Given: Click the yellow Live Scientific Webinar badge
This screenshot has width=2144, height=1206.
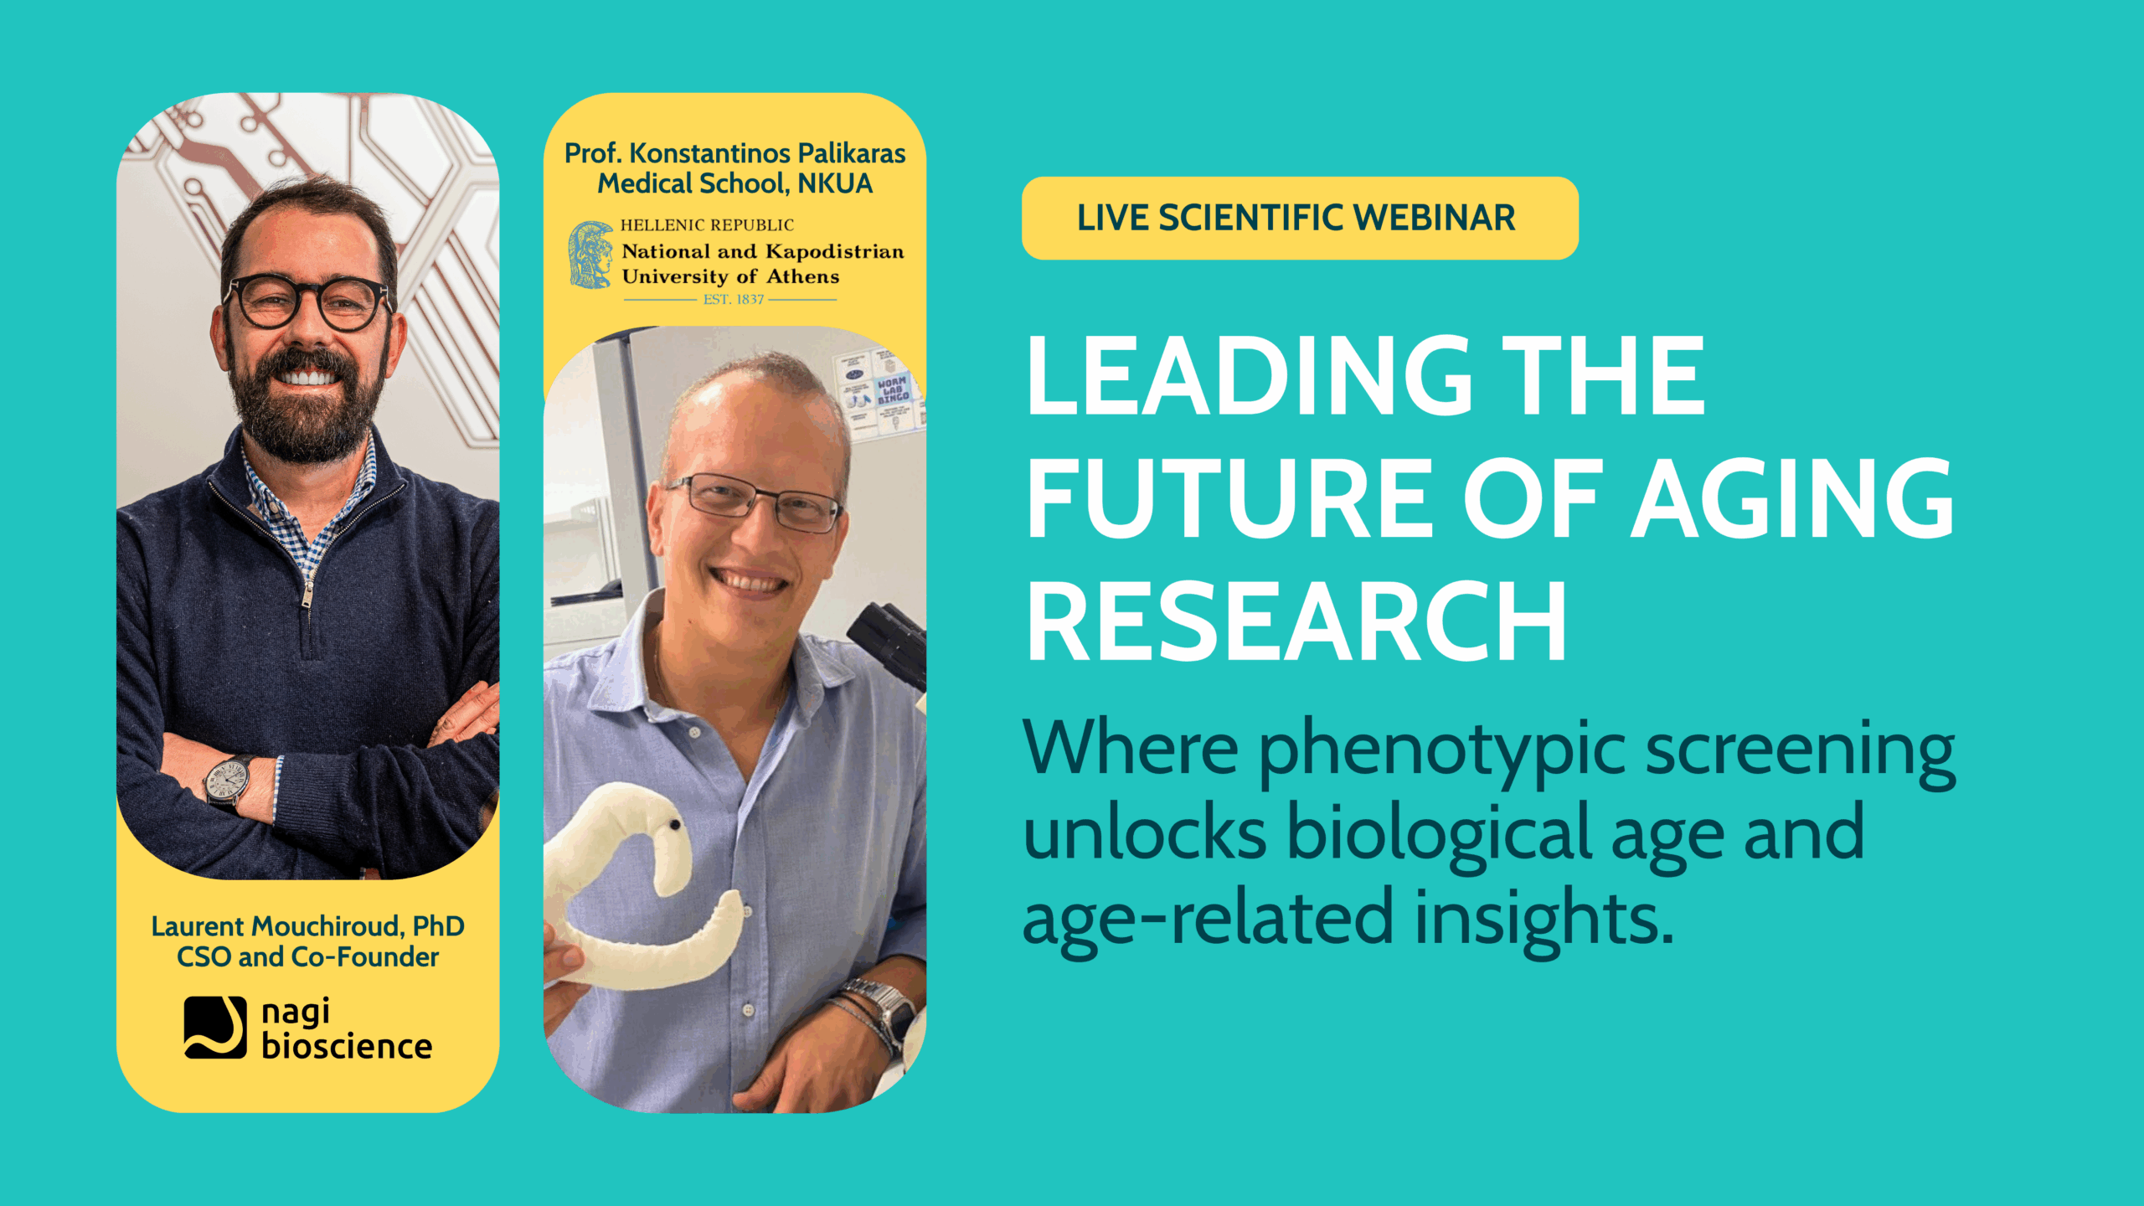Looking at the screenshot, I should pyautogui.click(x=1299, y=218).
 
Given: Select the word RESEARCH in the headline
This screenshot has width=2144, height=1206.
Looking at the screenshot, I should pyautogui.click(x=1296, y=622).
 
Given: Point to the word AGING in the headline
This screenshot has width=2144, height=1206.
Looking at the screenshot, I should pyautogui.click(x=1793, y=499).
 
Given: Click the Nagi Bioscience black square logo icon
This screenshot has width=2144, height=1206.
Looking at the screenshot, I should pyautogui.click(x=215, y=1027).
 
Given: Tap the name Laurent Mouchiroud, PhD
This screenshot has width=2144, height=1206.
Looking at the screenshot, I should pyautogui.click(x=307, y=926).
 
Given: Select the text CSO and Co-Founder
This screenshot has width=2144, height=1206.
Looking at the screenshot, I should pyautogui.click(x=307, y=957).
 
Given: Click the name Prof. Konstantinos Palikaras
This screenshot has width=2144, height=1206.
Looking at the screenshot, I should pyautogui.click(x=734, y=153).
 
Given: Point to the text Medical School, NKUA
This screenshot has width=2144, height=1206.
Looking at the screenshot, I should pyautogui.click(x=734, y=183).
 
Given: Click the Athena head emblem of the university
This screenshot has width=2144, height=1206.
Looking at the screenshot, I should pyautogui.click(x=591, y=255).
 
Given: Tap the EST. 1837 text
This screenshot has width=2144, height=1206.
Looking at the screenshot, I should pyautogui.click(x=734, y=299).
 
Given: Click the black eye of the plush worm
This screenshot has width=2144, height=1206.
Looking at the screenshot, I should pyautogui.click(x=673, y=827).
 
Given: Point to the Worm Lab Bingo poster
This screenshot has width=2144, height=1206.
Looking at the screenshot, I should pyautogui.click(x=892, y=389).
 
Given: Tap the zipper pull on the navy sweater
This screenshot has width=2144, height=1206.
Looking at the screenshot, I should pyautogui.click(x=307, y=595).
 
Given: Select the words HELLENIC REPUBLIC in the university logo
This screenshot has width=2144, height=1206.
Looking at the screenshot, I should pyautogui.click(x=707, y=225).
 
